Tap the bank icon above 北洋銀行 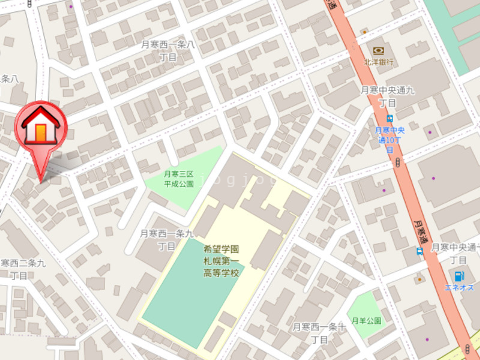click(x=378, y=50)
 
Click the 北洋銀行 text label click(x=379, y=62)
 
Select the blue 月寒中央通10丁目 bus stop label click(x=389, y=140)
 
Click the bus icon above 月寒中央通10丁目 click(x=390, y=119)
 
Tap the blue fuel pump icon click(x=459, y=277)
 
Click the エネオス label click(x=459, y=288)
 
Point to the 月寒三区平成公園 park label click(x=179, y=179)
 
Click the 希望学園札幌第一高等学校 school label click(x=221, y=260)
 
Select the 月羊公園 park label click(x=366, y=321)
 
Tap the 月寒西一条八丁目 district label click(x=169, y=50)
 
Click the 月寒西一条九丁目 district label click(x=167, y=239)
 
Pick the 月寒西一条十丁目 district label click(x=319, y=333)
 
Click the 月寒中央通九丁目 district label click(x=388, y=96)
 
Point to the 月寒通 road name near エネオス click(x=421, y=230)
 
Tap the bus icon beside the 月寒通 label click(x=420, y=251)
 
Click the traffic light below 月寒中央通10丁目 click(x=398, y=161)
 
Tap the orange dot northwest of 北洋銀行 click(x=364, y=31)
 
